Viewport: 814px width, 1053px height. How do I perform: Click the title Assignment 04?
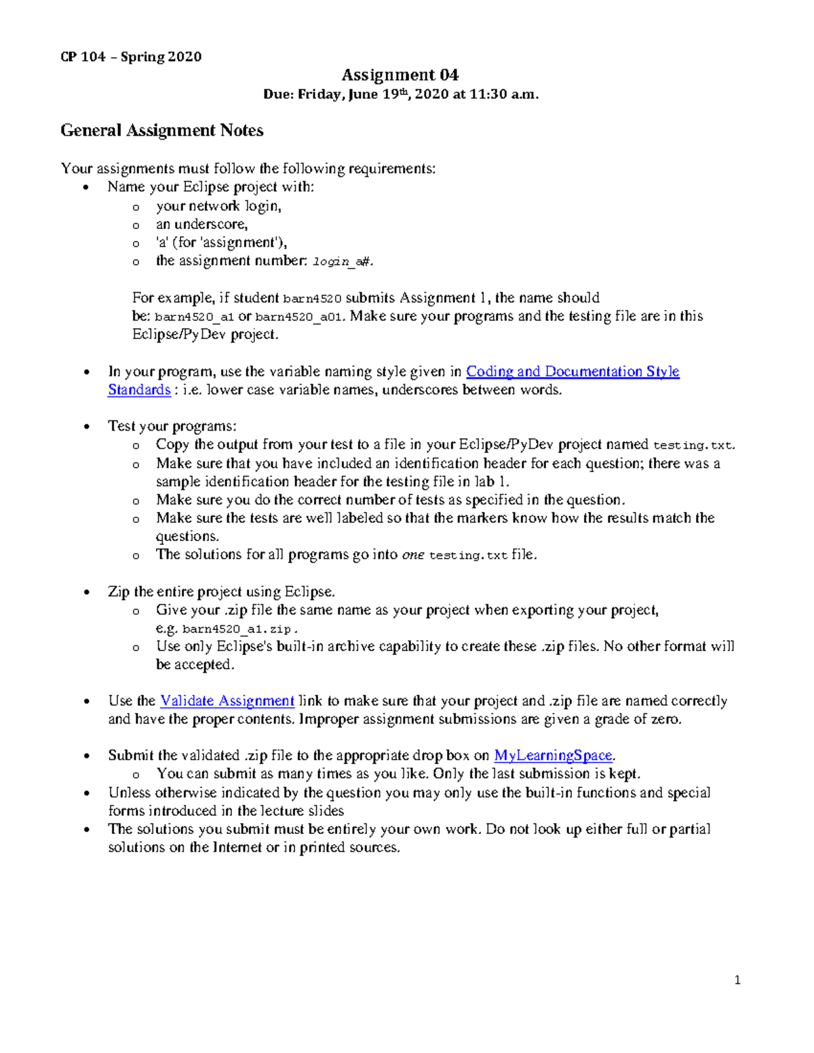point(400,75)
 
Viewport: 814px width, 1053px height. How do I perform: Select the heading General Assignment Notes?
point(161,130)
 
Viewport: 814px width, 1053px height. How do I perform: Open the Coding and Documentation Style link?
point(573,372)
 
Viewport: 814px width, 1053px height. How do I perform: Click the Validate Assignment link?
point(227,701)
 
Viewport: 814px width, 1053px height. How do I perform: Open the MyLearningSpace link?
point(553,755)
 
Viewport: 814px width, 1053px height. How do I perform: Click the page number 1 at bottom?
point(737,980)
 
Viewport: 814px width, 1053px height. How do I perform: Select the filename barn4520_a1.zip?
point(236,629)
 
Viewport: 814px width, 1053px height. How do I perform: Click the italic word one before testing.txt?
point(412,555)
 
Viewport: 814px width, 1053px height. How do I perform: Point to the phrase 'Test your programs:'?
point(172,426)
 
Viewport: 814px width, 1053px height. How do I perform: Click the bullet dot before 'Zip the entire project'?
point(86,593)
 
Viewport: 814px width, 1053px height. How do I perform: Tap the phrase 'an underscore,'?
point(201,224)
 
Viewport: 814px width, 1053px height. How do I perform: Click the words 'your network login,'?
point(218,206)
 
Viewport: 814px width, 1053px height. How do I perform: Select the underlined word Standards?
point(139,390)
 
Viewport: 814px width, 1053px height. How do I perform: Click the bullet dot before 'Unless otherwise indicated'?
point(86,793)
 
